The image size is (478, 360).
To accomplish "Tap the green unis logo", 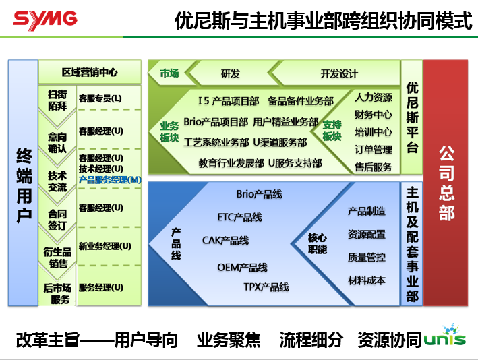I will click(x=446, y=337).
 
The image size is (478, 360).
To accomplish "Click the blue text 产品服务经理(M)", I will click(x=110, y=180).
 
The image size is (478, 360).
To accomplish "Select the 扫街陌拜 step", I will click(x=57, y=100).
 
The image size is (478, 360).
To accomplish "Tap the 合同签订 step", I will click(x=57, y=220).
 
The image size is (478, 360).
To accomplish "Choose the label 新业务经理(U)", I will click(x=104, y=246).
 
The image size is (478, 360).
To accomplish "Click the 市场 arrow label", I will click(x=169, y=73).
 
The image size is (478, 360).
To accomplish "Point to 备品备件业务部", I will click(x=301, y=101).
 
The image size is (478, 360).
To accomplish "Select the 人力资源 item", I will click(x=374, y=97).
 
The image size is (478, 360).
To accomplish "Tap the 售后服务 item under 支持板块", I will click(x=374, y=167).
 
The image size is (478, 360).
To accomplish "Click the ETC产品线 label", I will click(x=239, y=217).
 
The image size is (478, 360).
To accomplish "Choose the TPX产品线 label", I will click(x=266, y=287).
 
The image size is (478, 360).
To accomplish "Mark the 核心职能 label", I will click(x=318, y=243).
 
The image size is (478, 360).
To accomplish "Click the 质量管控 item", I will click(x=367, y=257).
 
